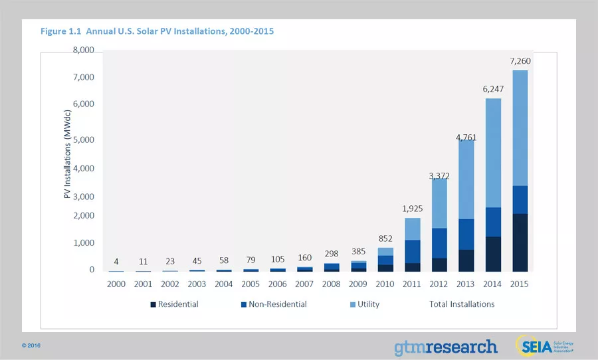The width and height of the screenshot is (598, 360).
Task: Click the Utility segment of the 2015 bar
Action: (x=520, y=128)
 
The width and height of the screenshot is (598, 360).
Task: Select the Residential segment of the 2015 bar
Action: (x=520, y=242)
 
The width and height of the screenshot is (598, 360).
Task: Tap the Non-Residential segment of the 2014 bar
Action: (x=493, y=222)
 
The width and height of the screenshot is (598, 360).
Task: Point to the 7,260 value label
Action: (x=520, y=61)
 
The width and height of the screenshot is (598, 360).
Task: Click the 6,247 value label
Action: (x=493, y=89)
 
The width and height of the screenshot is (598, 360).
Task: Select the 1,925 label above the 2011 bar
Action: (x=413, y=209)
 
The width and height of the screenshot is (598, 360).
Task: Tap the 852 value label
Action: (x=385, y=239)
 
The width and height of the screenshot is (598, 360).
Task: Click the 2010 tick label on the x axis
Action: (x=385, y=284)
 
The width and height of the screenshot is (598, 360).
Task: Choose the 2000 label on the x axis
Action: (x=116, y=284)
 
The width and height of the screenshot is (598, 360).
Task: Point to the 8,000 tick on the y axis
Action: (x=83, y=50)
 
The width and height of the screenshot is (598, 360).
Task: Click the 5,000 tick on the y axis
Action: (x=83, y=140)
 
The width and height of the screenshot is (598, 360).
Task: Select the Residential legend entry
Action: (x=174, y=304)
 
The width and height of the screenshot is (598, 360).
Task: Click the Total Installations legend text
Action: (x=462, y=304)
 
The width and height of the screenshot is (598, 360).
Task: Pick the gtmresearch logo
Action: (x=445, y=347)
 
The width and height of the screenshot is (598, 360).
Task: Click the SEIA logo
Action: (x=544, y=345)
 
